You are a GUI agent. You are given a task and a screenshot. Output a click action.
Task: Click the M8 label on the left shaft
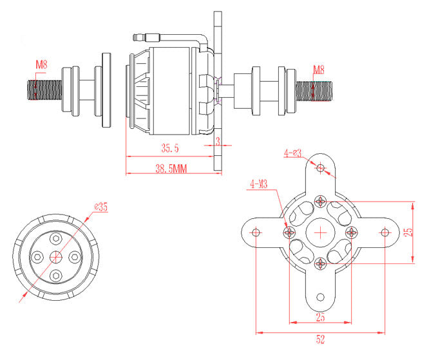point(41,64)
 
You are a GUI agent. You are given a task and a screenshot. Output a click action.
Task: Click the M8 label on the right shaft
point(318,70)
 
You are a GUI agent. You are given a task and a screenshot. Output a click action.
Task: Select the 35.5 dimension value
point(170,148)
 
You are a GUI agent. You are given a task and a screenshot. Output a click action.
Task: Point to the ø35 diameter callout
point(100,207)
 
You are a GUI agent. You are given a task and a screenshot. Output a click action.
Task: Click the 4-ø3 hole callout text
point(293,153)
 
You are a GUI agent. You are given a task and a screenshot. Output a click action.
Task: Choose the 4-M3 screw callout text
point(260,185)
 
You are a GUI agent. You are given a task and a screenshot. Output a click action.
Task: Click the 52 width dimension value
point(320,339)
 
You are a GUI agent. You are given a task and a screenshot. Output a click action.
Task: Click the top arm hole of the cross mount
point(321,167)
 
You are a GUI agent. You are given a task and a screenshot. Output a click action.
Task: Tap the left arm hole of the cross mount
point(256,232)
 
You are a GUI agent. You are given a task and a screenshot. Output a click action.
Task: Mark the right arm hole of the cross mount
point(385,232)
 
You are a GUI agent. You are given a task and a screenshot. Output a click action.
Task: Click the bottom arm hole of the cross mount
point(321,296)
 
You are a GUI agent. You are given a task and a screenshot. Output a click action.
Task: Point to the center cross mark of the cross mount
point(321,232)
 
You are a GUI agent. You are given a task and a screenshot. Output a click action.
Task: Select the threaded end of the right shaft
point(316,89)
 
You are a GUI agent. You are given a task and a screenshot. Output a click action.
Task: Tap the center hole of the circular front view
point(55,257)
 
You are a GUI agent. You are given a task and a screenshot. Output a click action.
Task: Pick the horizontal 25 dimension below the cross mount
point(320,317)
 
